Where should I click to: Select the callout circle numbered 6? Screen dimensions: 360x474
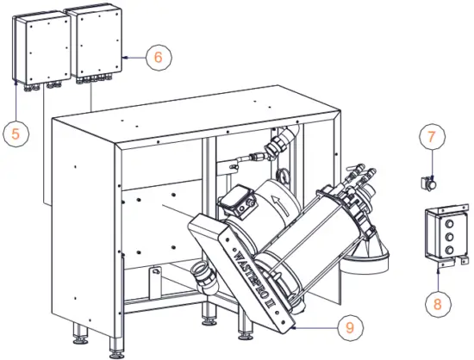click(x=158, y=58)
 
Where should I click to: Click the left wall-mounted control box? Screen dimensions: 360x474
click(x=37, y=47)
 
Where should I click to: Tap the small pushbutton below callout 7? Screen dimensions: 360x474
click(x=426, y=182)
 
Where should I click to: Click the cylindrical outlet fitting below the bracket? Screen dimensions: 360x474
click(x=206, y=277)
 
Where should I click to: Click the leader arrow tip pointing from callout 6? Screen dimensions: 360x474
click(x=124, y=58)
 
